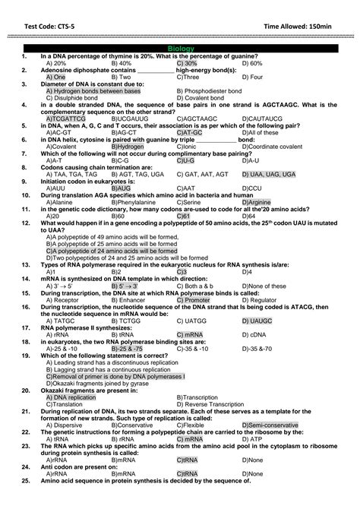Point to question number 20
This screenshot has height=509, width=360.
pos(26,390)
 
